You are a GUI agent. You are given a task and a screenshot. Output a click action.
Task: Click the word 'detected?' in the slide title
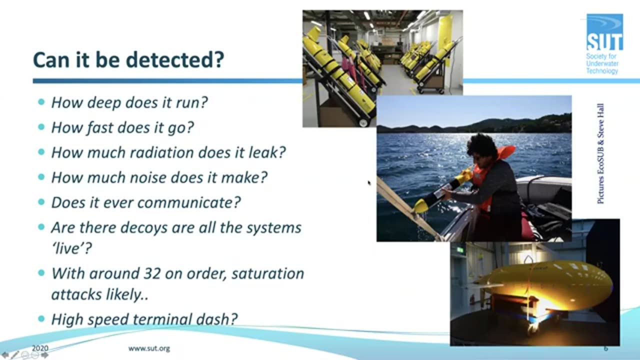click(x=175, y=60)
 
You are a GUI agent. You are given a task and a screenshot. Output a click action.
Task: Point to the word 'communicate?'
click(x=189, y=203)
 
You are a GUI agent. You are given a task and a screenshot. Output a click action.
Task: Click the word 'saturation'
click(x=268, y=273)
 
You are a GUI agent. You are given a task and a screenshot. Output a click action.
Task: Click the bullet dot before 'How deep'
click(x=41, y=101)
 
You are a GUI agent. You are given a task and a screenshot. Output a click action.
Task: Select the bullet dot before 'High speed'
click(x=41, y=318)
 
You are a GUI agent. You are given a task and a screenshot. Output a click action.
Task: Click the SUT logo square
click(x=604, y=32)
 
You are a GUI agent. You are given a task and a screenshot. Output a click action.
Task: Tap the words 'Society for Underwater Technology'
click(x=602, y=63)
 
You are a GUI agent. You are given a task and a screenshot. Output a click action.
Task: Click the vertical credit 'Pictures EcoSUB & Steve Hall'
click(x=600, y=153)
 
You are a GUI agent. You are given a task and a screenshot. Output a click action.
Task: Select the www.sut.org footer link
click(x=149, y=348)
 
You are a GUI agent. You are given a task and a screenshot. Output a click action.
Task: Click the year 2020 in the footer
click(x=40, y=348)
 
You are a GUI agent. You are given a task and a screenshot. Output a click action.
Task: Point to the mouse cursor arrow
click(x=369, y=183)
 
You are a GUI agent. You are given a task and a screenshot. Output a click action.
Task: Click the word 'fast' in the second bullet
click(x=99, y=127)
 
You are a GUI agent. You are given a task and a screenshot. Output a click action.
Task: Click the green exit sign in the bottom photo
click(x=460, y=250)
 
